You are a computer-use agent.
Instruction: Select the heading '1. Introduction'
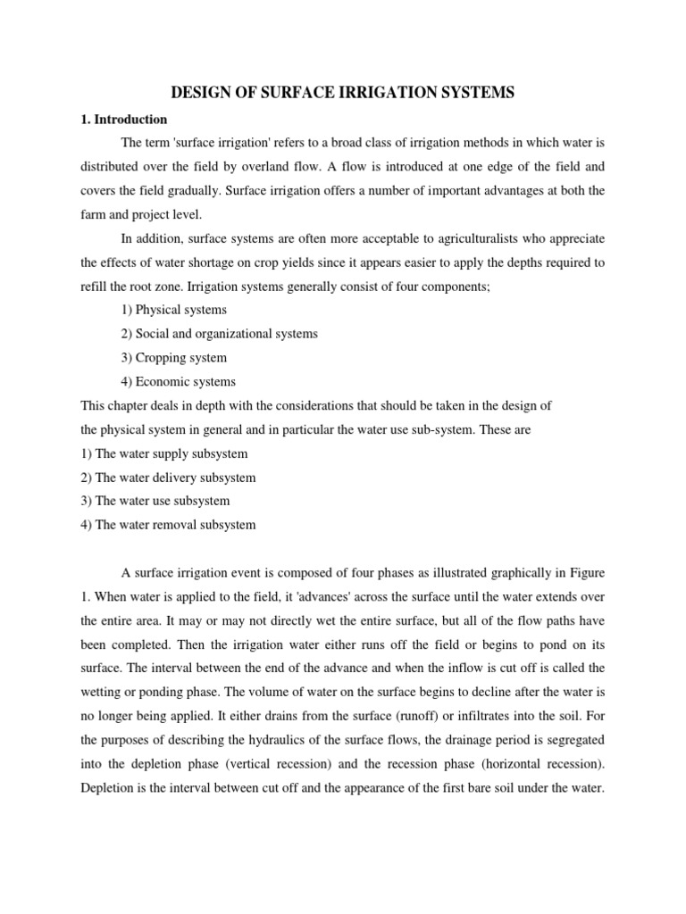pos(123,119)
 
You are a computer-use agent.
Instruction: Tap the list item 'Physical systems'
pos(173,310)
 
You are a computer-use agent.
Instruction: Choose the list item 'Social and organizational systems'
pos(219,334)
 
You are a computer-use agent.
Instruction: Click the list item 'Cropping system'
pos(173,358)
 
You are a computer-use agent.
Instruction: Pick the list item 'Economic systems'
pos(177,382)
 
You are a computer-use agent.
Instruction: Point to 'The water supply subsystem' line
pos(164,453)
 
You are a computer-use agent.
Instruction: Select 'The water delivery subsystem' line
pos(168,478)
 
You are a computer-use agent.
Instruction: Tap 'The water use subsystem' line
pos(155,501)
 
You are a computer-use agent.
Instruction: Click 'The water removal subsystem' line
pos(168,525)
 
